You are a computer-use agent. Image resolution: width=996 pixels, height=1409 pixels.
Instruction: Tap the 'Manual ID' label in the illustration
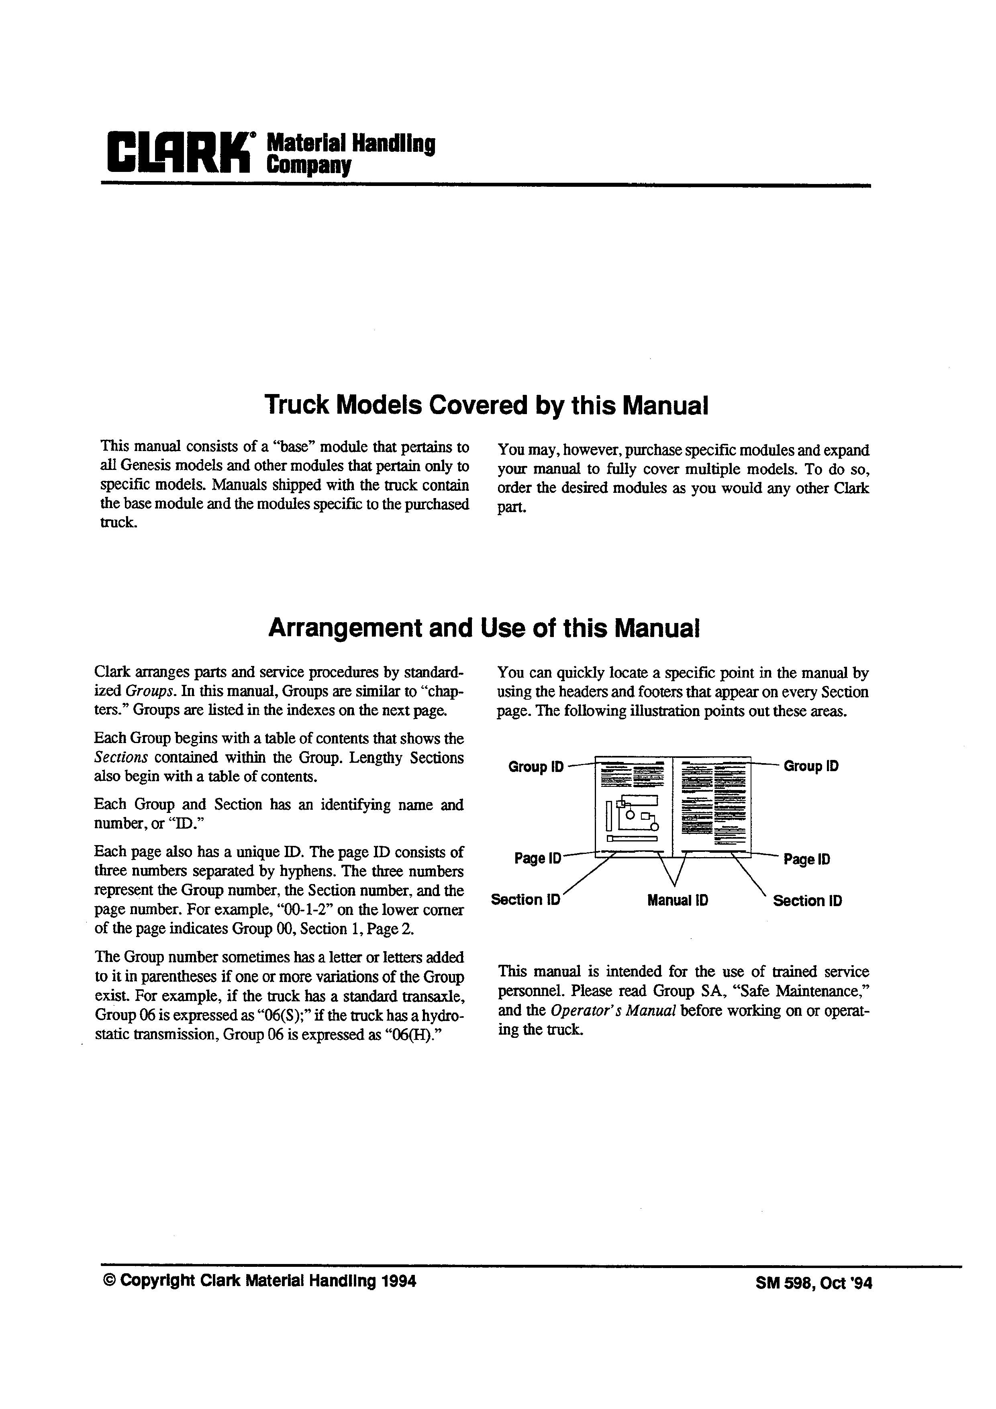tap(678, 900)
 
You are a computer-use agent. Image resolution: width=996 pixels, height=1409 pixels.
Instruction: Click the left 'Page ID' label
tap(538, 858)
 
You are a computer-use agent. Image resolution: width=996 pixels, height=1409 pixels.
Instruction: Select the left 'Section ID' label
tap(525, 900)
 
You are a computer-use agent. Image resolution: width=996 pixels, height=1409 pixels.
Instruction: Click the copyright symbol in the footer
tap(110, 1281)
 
